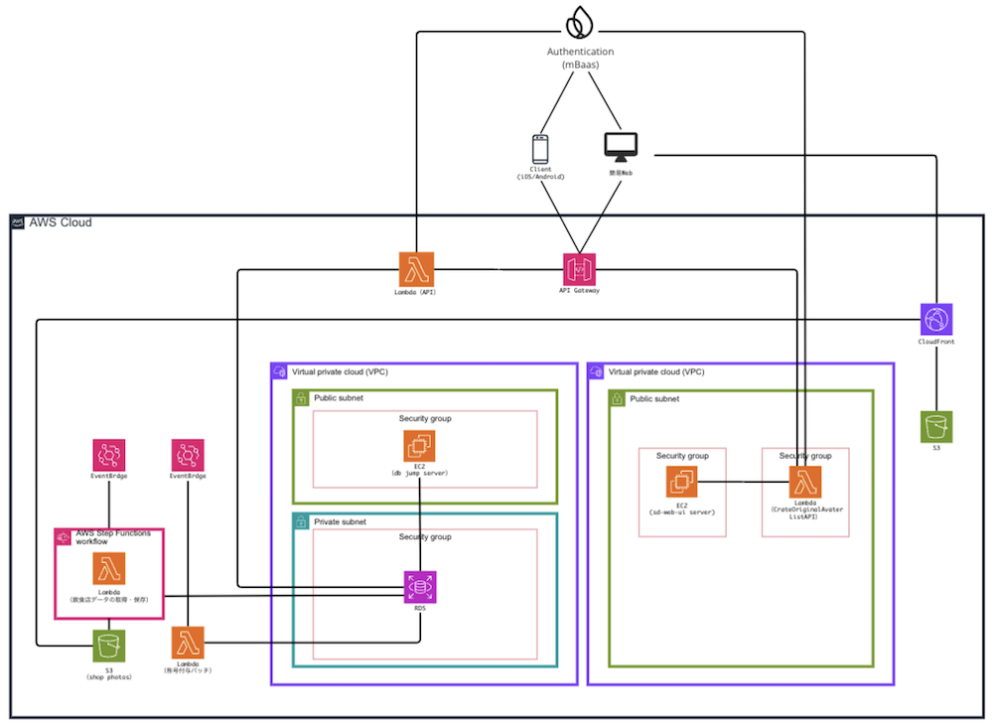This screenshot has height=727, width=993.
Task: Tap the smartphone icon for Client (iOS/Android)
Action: click(540, 149)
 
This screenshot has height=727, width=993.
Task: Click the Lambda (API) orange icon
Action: click(416, 268)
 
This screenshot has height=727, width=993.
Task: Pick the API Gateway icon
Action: click(580, 268)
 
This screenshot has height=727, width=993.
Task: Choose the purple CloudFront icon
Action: click(935, 320)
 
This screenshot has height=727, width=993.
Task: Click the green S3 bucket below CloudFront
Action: click(935, 427)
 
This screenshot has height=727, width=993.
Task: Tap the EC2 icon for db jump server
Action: click(420, 447)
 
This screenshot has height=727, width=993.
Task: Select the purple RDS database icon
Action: click(420, 587)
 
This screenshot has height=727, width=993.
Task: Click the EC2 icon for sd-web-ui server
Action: click(682, 483)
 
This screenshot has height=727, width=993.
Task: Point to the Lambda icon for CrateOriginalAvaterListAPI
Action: click(805, 483)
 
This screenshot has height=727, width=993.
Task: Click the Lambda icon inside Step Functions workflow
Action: click(109, 569)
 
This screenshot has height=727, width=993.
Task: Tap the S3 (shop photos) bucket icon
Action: click(109, 646)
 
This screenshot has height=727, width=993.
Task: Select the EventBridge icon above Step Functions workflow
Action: click(107, 456)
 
